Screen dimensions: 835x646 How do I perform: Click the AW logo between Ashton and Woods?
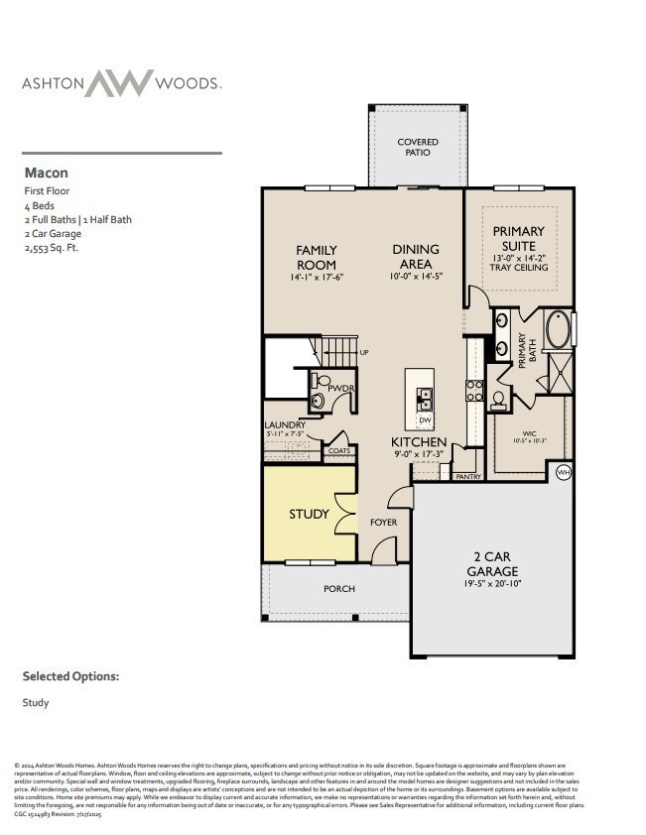tap(119, 83)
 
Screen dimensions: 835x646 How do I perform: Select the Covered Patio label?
tap(418, 148)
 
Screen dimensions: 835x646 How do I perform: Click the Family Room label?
tap(316, 257)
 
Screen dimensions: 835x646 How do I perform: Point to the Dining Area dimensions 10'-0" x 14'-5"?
tap(416, 278)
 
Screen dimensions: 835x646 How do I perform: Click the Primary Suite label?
tap(519, 238)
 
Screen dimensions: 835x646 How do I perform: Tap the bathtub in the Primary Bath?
tap(557, 329)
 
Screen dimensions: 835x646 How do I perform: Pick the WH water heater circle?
tap(564, 472)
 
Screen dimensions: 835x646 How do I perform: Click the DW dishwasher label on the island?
tap(424, 419)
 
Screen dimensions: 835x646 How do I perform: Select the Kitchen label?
tap(418, 441)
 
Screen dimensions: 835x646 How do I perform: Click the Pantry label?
tap(468, 477)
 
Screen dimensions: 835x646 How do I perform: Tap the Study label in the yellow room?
tap(309, 514)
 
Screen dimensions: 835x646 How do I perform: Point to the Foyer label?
tap(383, 522)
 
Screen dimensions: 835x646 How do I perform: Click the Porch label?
tap(339, 589)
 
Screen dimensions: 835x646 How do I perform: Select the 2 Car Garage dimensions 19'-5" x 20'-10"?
tap(491, 585)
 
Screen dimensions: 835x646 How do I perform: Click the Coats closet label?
tap(338, 451)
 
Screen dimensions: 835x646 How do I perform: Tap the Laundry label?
tap(285, 425)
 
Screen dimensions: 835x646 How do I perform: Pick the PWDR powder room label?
tap(340, 388)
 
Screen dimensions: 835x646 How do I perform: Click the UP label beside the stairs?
tap(363, 352)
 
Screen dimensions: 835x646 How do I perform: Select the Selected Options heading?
tap(70, 676)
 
